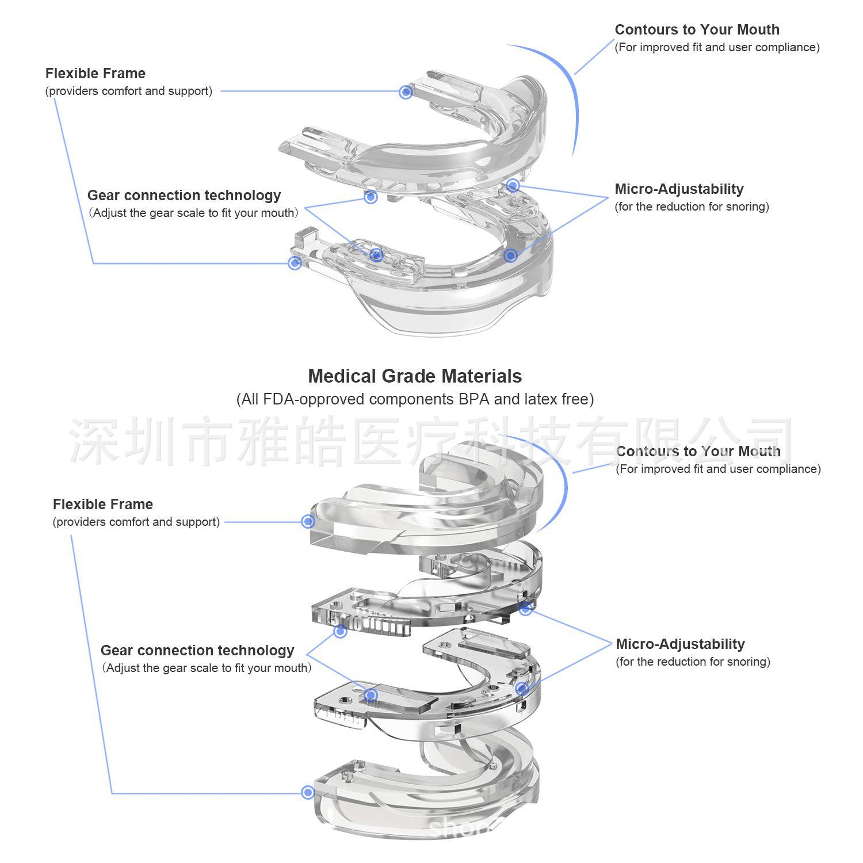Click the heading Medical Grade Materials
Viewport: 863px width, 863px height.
(x=415, y=376)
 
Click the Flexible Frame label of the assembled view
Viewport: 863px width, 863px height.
(x=96, y=74)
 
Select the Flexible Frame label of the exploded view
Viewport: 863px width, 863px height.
(x=103, y=505)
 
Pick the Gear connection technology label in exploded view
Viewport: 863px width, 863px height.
(x=197, y=651)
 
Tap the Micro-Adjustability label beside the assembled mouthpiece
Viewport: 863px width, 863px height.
(x=679, y=189)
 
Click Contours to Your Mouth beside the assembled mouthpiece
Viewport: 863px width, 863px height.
(x=697, y=30)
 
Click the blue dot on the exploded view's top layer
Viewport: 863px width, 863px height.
(x=308, y=521)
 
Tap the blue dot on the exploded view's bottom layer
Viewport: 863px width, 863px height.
(x=308, y=792)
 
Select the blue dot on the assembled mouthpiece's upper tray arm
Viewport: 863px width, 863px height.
(x=406, y=91)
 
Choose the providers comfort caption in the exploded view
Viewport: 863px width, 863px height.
(x=136, y=522)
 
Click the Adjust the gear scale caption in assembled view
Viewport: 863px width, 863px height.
(x=194, y=213)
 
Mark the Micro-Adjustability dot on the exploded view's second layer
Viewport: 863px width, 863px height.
(x=525, y=608)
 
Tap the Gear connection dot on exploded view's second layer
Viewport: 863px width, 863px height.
(x=340, y=631)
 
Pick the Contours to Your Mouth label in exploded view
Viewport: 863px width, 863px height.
(x=698, y=452)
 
